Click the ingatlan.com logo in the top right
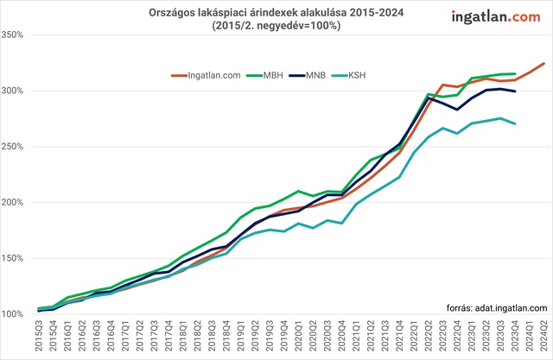[x=499, y=16]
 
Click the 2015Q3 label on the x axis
[x=39, y=335]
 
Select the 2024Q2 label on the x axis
[x=543, y=335]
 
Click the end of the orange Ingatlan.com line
[x=543, y=63]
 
